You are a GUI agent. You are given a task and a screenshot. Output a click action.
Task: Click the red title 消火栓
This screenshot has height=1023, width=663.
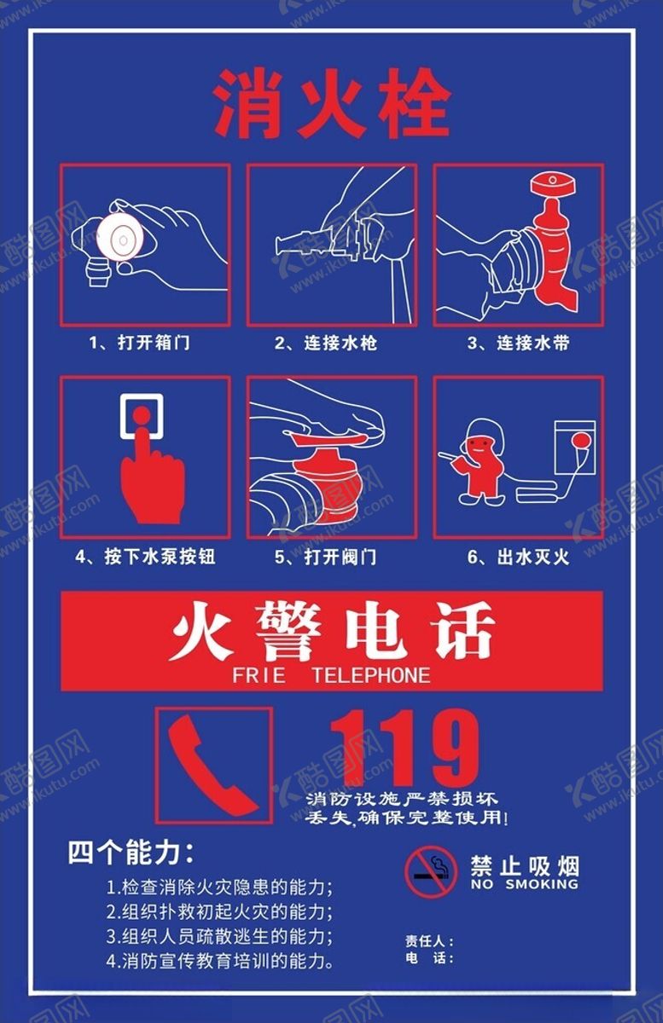tap(333, 103)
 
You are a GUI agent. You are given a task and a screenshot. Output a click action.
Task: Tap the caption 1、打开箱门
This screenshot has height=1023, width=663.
tap(139, 343)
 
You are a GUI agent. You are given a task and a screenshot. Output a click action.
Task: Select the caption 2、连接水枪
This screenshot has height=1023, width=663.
tap(326, 343)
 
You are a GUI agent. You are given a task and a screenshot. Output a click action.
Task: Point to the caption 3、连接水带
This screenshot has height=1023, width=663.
tap(519, 343)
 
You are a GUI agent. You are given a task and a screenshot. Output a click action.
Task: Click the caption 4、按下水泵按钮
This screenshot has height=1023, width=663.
tap(145, 557)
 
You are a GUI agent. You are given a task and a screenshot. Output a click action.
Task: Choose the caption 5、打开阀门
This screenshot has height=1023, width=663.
tap(326, 557)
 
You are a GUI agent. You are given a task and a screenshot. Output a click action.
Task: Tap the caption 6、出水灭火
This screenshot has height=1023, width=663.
tap(519, 557)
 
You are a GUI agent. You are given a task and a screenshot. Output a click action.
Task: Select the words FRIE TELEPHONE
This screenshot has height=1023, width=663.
tap(331, 675)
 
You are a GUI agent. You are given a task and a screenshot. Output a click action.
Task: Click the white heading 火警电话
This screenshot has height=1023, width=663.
tap(333, 632)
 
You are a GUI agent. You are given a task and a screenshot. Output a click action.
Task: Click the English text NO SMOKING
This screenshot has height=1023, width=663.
tap(525, 884)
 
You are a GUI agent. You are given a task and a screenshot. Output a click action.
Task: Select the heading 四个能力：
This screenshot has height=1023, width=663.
tap(131, 852)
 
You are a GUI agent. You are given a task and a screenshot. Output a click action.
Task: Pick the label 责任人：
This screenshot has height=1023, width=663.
tap(429, 941)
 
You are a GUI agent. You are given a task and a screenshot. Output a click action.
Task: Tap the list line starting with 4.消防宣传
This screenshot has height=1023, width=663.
tap(220, 962)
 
